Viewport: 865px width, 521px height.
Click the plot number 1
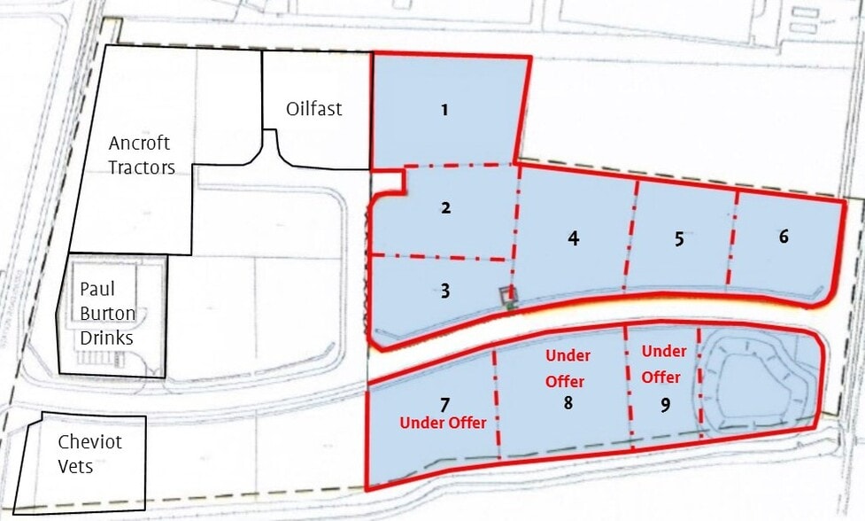[x=444, y=111]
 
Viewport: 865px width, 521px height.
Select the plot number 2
[x=446, y=208]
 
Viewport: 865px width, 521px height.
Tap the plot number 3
[x=445, y=291]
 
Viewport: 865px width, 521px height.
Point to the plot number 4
[x=574, y=238]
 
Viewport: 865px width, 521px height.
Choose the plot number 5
[x=679, y=238]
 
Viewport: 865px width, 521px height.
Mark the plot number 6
[x=784, y=237]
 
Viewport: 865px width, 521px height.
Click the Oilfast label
[x=313, y=110]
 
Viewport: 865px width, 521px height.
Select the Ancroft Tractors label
[x=141, y=155]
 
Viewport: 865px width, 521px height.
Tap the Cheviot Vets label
[x=89, y=454]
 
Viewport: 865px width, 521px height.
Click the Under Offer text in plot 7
[x=443, y=424]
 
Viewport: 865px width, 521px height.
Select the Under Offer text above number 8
[x=567, y=369]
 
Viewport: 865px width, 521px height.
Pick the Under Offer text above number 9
[x=662, y=364]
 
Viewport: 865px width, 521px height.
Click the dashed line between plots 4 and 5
[x=631, y=235]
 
